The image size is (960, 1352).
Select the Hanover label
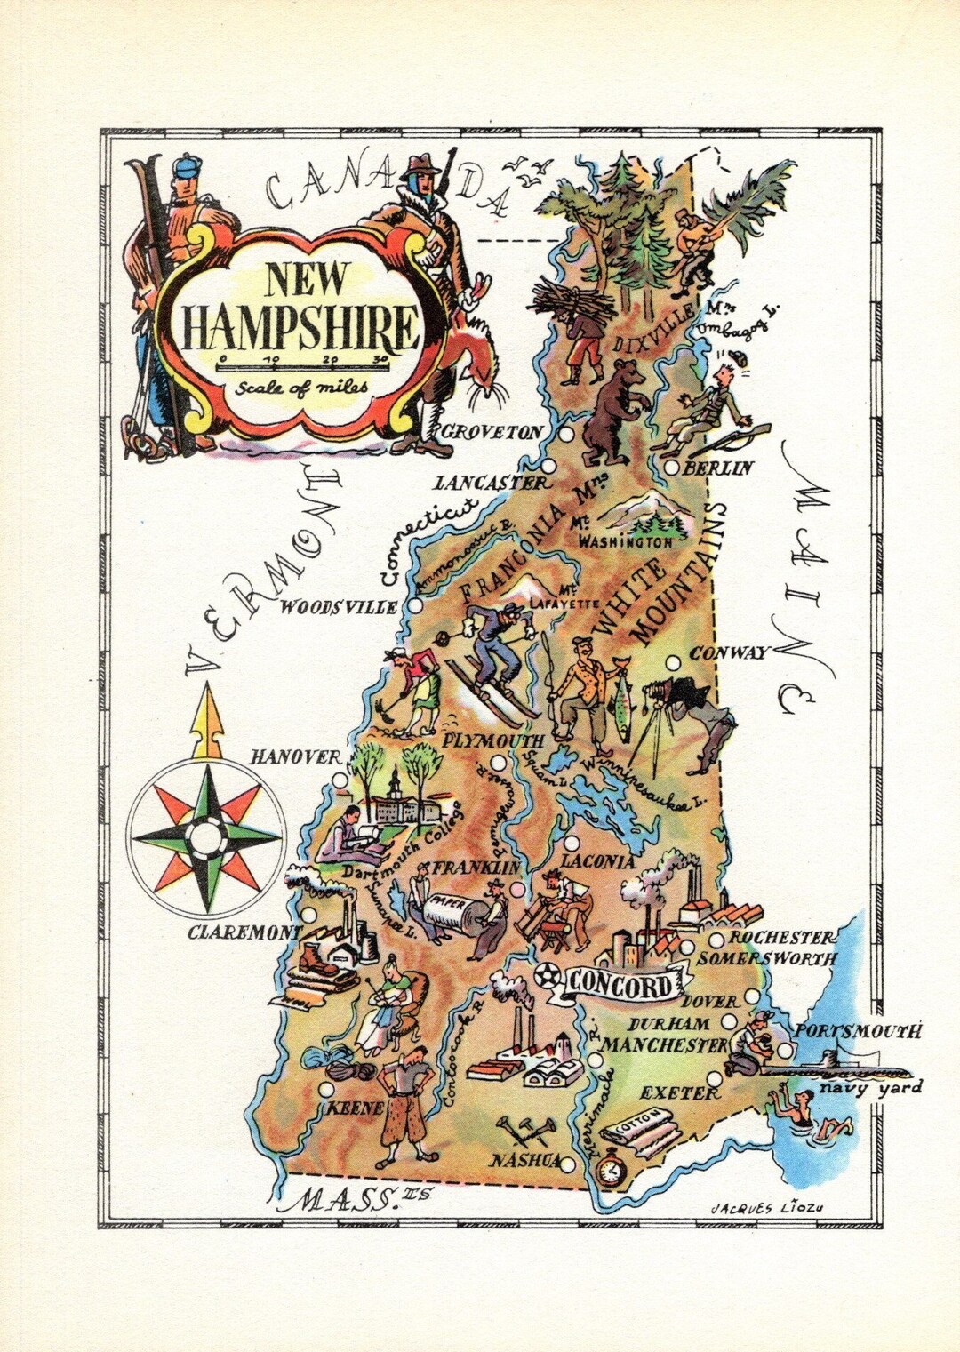(295, 757)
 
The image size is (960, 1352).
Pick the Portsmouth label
(857, 1031)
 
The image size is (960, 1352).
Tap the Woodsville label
(339, 608)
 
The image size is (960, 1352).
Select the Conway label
(740, 652)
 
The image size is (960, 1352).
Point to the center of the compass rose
(205, 836)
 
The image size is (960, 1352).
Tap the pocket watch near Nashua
(609, 1172)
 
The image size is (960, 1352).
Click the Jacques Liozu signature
(764, 1205)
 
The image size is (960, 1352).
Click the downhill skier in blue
(499, 649)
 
